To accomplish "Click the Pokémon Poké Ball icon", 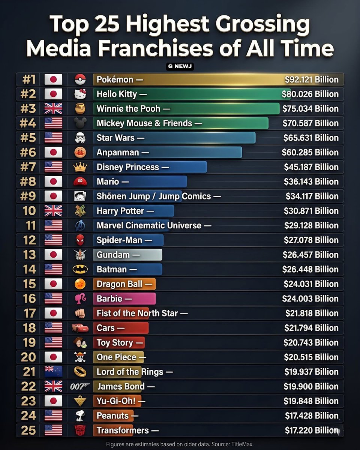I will click(x=80, y=79).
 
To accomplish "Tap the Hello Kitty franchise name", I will click(x=117, y=94).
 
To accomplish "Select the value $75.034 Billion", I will click(x=310, y=109).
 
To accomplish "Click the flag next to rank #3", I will click(x=53, y=109).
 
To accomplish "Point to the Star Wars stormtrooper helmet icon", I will click(x=80, y=138).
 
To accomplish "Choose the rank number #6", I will click(x=29, y=153).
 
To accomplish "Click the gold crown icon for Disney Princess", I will click(x=80, y=167).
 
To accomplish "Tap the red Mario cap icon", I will click(x=80, y=182).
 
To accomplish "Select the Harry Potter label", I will click(x=120, y=211).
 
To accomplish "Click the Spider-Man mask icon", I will click(x=80, y=240).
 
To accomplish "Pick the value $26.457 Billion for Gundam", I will click(x=310, y=255).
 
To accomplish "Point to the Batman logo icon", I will click(x=80, y=270).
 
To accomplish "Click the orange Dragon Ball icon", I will click(x=80, y=284).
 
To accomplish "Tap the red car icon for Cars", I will click(x=80, y=328).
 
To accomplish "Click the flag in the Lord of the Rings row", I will click(x=53, y=372).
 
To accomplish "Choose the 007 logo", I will click(x=80, y=387).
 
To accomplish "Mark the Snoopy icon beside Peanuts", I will click(x=80, y=416).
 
